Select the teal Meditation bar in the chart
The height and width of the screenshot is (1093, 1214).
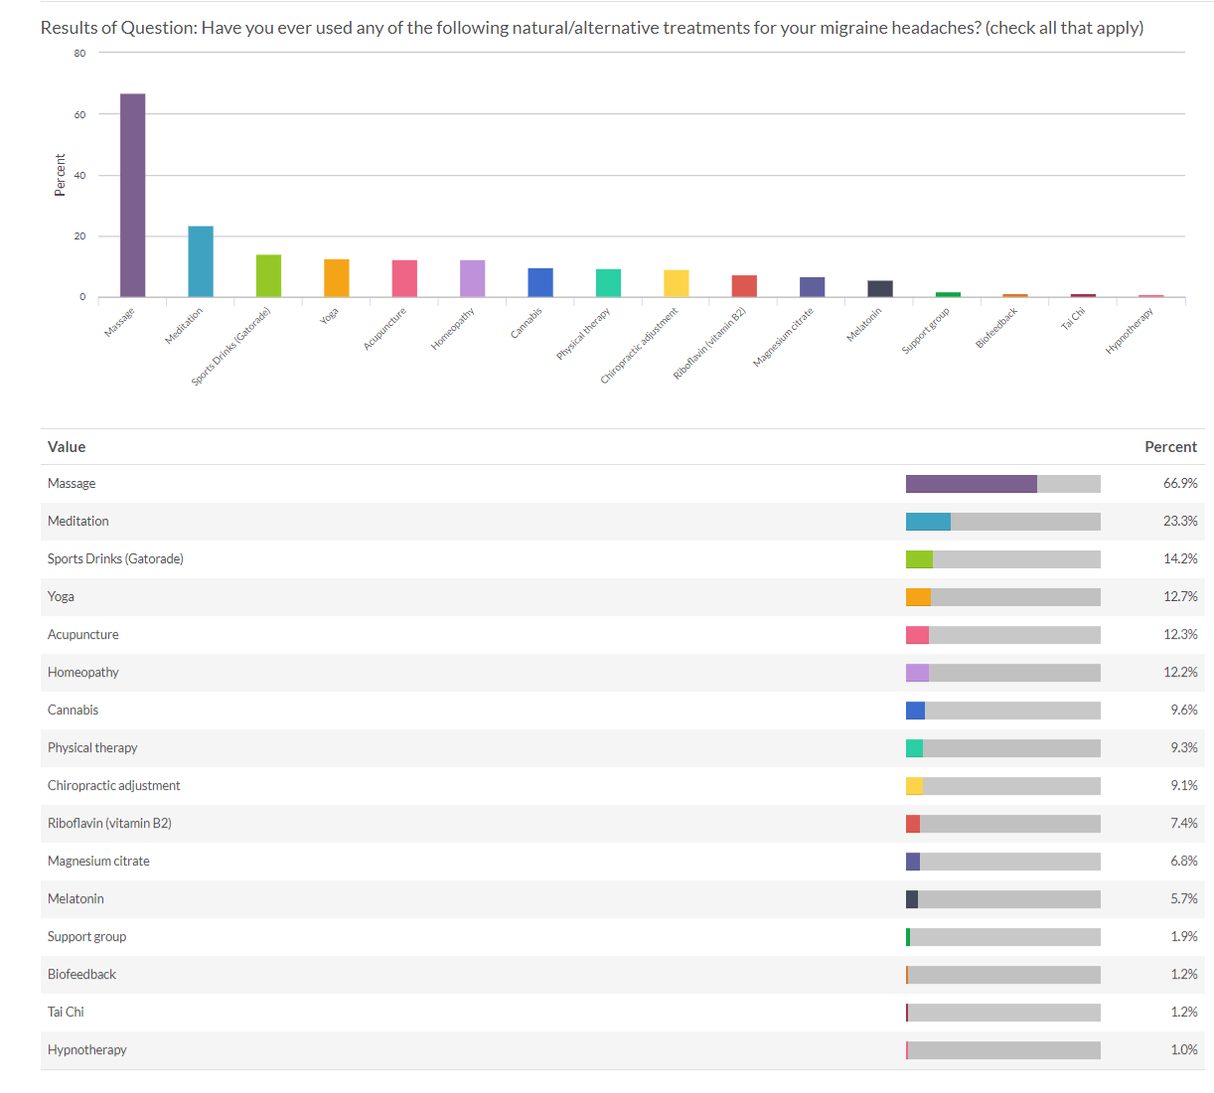(x=201, y=261)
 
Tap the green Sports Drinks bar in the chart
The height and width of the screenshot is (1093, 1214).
(x=268, y=275)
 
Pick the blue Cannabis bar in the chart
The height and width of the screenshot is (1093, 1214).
(x=540, y=282)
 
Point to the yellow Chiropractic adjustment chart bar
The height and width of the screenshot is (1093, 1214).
(x=676, y=283)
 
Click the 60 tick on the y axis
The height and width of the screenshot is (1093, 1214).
(x=79, y=114)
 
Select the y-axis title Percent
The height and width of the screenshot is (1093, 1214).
(x=61, y=175)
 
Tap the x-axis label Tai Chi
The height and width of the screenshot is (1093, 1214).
(x=1073, y=319)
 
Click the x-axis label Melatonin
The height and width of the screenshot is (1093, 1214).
(x=863, y=325)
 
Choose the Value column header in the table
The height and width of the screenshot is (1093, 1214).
(x=67, y=447)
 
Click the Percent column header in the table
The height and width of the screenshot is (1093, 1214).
(x=1170, y=447)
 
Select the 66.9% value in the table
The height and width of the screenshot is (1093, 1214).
(x=1180, y=484)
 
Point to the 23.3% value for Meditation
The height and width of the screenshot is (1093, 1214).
(x=1180, y=522)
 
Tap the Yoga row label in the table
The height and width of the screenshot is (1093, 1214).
(x=61, y=597)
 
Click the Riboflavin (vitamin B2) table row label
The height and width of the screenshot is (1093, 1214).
(x=109, y=824)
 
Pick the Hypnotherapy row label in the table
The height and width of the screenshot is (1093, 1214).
(x=87, y=1050)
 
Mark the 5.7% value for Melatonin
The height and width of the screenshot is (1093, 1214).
(x=1183, y=899)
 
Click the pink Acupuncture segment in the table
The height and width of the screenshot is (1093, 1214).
(x=917, y=635)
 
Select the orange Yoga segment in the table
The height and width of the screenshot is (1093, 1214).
(x=918, y=597)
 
